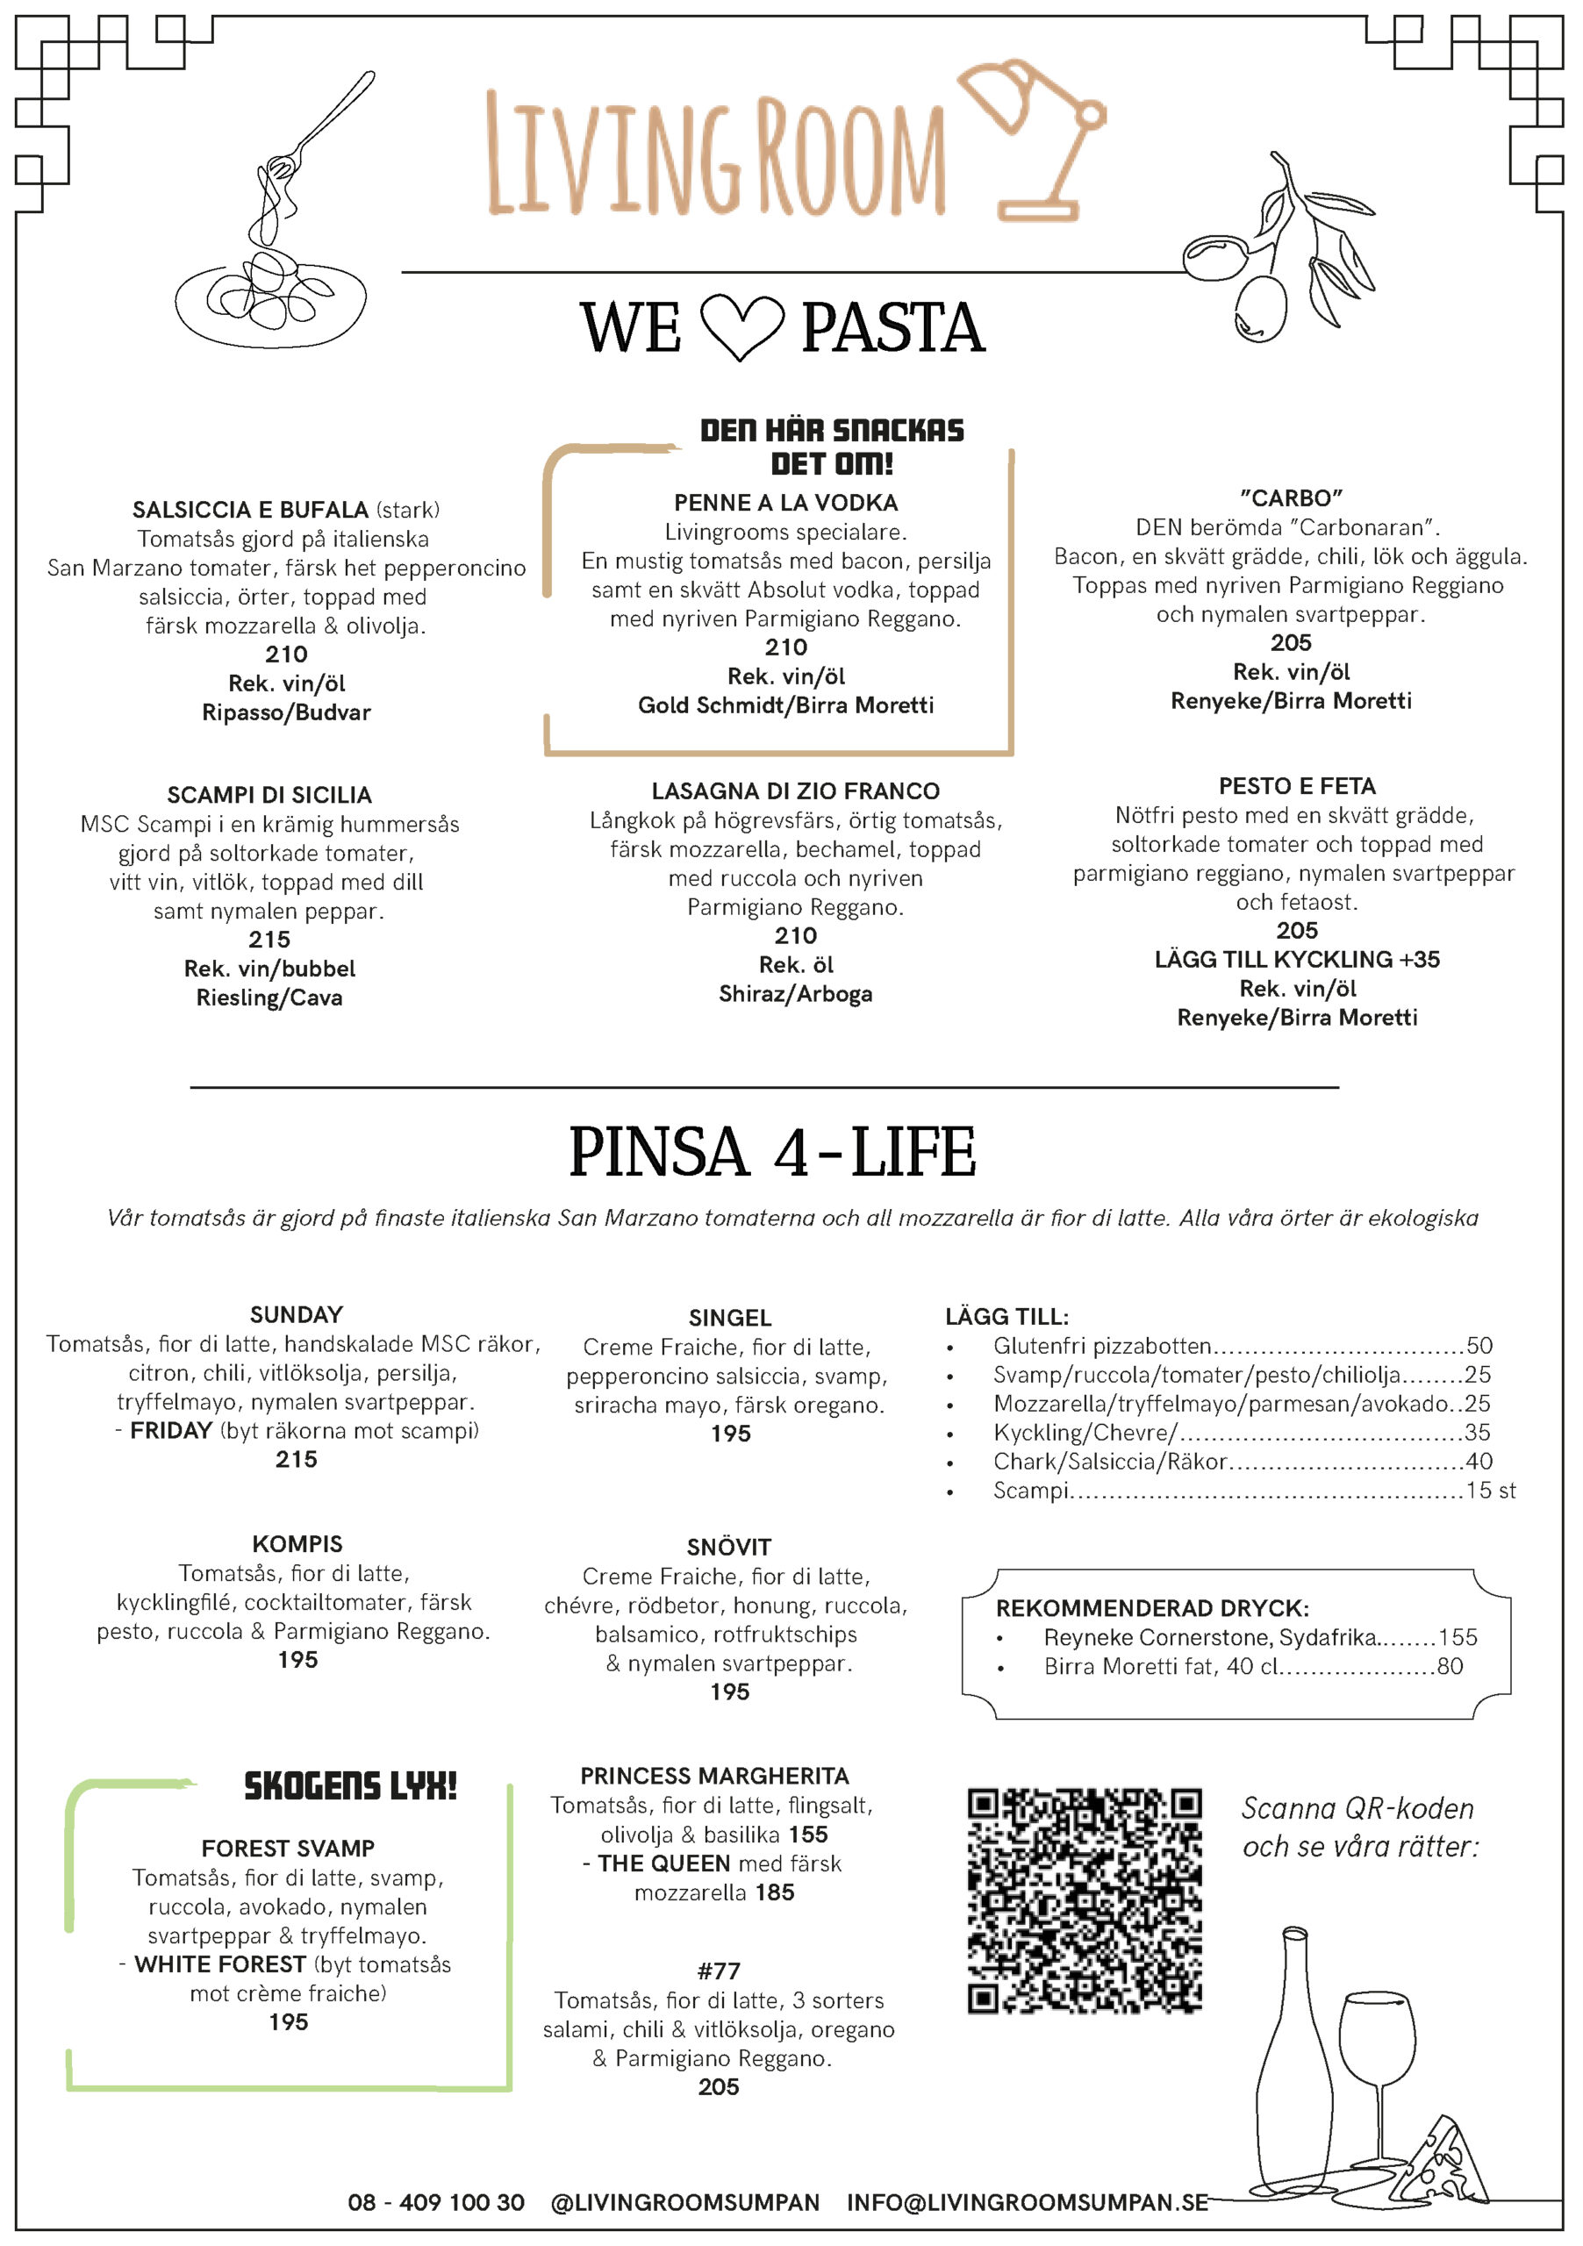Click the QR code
pyautogui.click(x=1084, y=1900)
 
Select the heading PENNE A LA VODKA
pyautogui.click(x=785, y=503)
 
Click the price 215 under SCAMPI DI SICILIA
pyautogui.click(x=269, y=939)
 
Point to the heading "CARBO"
pyautogui.click(x=1291, y=498)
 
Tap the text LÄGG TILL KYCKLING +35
pyautogui.click(x=1296, y=960)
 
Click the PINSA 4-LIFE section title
pyautogui.click(x=772, y=1151)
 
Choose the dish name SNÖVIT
pyautogui.click(x=729, y=1547)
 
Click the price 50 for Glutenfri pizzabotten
pyautogui.click(x=1479, y=1345)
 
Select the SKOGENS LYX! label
pyautogui.click(x=350, y=1786)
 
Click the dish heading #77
pyautogui.click(x=718, y=1971)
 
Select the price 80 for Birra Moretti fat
pyautogui.click(x=1449, y=1666)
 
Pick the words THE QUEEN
pyautogui.click(x=664, y=1863)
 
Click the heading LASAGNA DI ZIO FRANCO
pyautogui.click(x=795, y=790)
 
